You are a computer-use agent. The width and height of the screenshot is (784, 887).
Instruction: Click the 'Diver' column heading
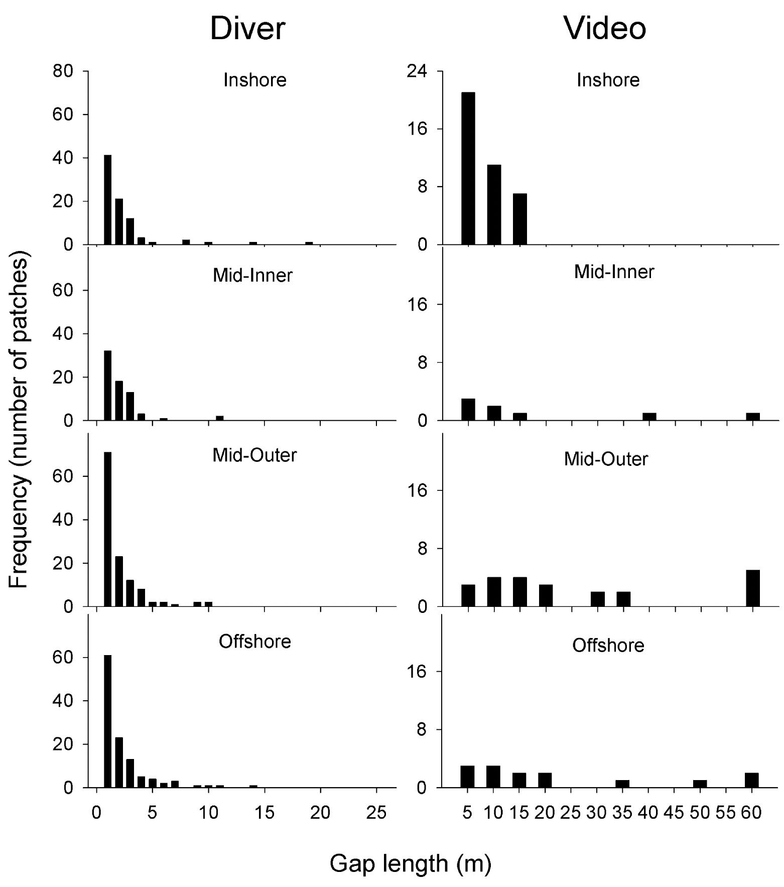tap(247, 29)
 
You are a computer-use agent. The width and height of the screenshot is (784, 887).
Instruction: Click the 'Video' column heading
tap(605, 29)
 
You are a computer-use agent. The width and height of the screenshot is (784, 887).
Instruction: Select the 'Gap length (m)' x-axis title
tap(410, 863)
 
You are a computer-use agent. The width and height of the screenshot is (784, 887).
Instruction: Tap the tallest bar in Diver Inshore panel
tap(107, 200)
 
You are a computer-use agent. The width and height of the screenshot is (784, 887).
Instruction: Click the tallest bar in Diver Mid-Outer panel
tap(107, 529)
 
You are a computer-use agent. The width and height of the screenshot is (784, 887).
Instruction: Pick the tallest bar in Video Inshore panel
tap(468, 169)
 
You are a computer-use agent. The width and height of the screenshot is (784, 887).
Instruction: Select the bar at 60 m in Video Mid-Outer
tap(752, 588)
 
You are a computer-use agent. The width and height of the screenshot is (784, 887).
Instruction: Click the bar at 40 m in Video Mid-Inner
tap(649, 416)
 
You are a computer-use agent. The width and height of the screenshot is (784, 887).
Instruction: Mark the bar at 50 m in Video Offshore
tap(700, 784)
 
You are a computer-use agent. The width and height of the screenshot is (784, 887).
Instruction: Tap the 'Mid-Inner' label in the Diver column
tap(252, 276)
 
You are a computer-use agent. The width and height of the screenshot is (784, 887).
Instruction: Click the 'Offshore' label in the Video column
tap(608, 645)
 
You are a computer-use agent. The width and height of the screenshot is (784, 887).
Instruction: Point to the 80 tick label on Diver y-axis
tap(63, 71)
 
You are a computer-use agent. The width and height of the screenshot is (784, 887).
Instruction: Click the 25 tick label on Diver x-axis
tap(376, 812)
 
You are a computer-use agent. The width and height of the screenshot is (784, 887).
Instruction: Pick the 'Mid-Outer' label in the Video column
tap(606, 459)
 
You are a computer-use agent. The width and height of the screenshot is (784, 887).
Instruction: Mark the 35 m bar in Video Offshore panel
tap(622, 784)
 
